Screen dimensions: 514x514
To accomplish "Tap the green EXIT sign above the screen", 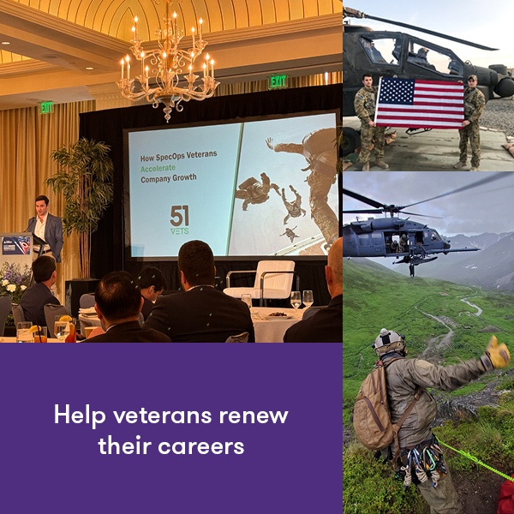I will (x=278, y=81).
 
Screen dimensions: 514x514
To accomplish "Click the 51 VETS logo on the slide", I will (x=180, y=219).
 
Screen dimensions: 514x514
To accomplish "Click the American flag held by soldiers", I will (x=419, y=103).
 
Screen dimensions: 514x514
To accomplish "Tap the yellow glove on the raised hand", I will (x=497, y=351).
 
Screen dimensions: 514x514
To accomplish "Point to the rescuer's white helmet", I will (x=389, y=341).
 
